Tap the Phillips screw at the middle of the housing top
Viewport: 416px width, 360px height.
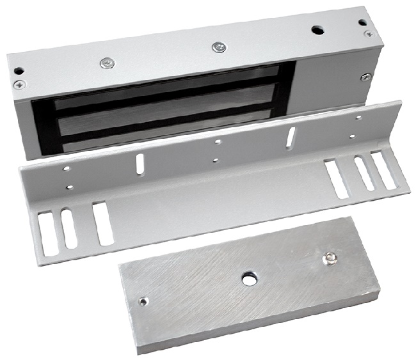tap(218, 47)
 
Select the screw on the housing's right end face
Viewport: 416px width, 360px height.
tap(365, 77)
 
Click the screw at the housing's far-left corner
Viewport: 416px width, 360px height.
tap(17, 84)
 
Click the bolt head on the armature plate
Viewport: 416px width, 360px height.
tap(330, 258)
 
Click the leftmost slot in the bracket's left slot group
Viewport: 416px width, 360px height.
tap(49, 234)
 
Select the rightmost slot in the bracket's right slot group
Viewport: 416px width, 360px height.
tap(384, 169)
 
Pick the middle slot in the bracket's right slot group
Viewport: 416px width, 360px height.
tap(364, 174)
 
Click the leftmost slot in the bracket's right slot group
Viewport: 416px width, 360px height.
tap(337, 180)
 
